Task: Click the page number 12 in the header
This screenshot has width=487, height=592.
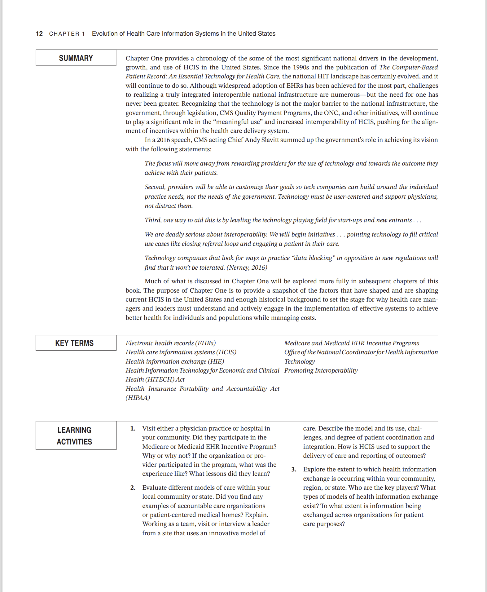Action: coord(39,33)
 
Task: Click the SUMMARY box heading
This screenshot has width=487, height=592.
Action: coord(76,58)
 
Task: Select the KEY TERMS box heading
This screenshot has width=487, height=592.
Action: coord(74,343)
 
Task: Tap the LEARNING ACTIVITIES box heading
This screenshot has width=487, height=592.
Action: coord(74,435)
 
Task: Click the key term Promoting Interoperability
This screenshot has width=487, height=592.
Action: coord(321,370)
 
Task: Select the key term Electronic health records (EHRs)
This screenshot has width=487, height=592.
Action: coord(171,343)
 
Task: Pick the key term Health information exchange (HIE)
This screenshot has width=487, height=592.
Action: coord(175,361)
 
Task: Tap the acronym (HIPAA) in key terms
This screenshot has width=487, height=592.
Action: coord(138,398)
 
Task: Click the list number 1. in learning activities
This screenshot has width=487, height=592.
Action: coord(133,428)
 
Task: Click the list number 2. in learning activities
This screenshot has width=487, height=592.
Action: coord(133,488)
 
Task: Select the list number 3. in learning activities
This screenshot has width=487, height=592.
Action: coord(294,469)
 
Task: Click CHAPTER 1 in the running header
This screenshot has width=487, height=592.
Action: coord(67,34)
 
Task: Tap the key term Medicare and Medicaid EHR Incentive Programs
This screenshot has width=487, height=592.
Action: coord(352,343)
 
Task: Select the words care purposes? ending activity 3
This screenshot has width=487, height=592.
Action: coord(324,524)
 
